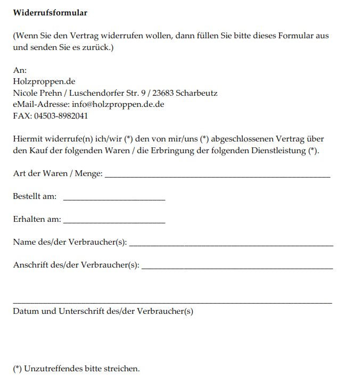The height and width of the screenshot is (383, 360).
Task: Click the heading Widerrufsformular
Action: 50,12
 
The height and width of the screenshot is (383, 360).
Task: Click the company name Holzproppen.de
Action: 44,81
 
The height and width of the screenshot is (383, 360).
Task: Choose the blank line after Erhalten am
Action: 114,222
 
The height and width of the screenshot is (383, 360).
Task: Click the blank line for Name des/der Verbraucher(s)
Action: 231,245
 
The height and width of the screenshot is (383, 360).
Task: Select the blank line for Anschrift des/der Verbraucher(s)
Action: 238,268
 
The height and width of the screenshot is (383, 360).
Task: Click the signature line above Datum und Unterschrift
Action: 172,303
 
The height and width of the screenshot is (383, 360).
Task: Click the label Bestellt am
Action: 35,196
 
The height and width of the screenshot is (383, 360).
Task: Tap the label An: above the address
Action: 20,70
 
